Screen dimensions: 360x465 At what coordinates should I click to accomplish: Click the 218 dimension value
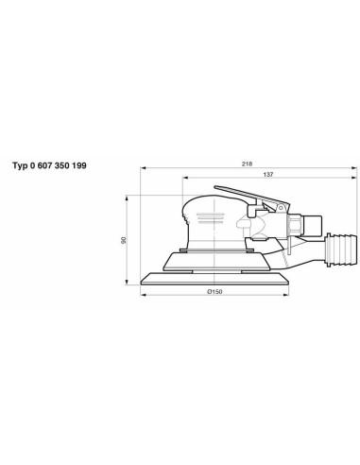tap(247, 164)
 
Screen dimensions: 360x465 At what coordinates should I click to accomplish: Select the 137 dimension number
tap(268, 174)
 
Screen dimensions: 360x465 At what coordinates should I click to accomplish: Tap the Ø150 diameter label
tap(214, 292)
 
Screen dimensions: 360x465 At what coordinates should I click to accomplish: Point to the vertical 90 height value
tap(124, 240)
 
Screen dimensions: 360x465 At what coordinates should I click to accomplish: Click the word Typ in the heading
tap(20, 165)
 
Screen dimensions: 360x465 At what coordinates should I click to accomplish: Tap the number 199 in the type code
tap(79, 165)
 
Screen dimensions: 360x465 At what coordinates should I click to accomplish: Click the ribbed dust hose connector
tap(342, 250)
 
